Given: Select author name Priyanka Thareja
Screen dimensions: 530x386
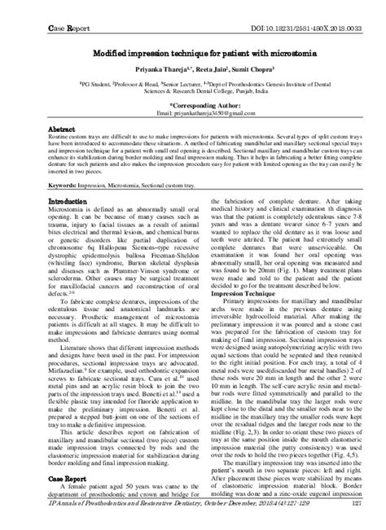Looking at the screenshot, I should [x=143, y=50].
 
